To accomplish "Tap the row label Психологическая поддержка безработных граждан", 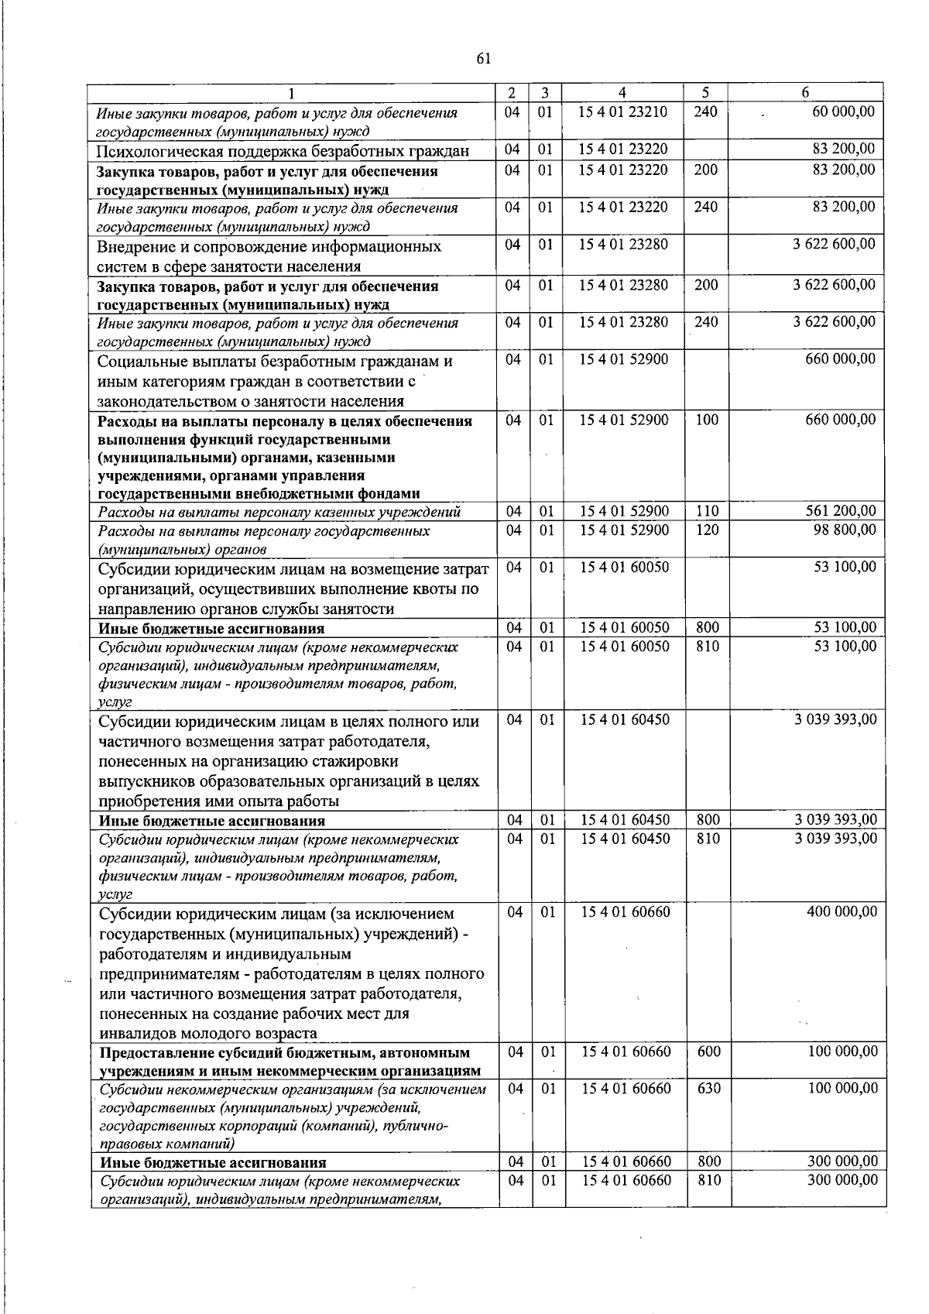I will [x=283, y=150].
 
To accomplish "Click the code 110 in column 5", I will [x=706, y=511].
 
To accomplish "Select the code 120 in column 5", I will [x=706, y=530].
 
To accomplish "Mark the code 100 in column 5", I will [x=706, y=420].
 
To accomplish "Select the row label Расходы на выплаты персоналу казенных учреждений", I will [x=279, y=512].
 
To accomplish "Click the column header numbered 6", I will [x=805, y=92].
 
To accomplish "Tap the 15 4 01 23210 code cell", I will [x=622, y=112].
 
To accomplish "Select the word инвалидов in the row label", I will [x=138, y=1033].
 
